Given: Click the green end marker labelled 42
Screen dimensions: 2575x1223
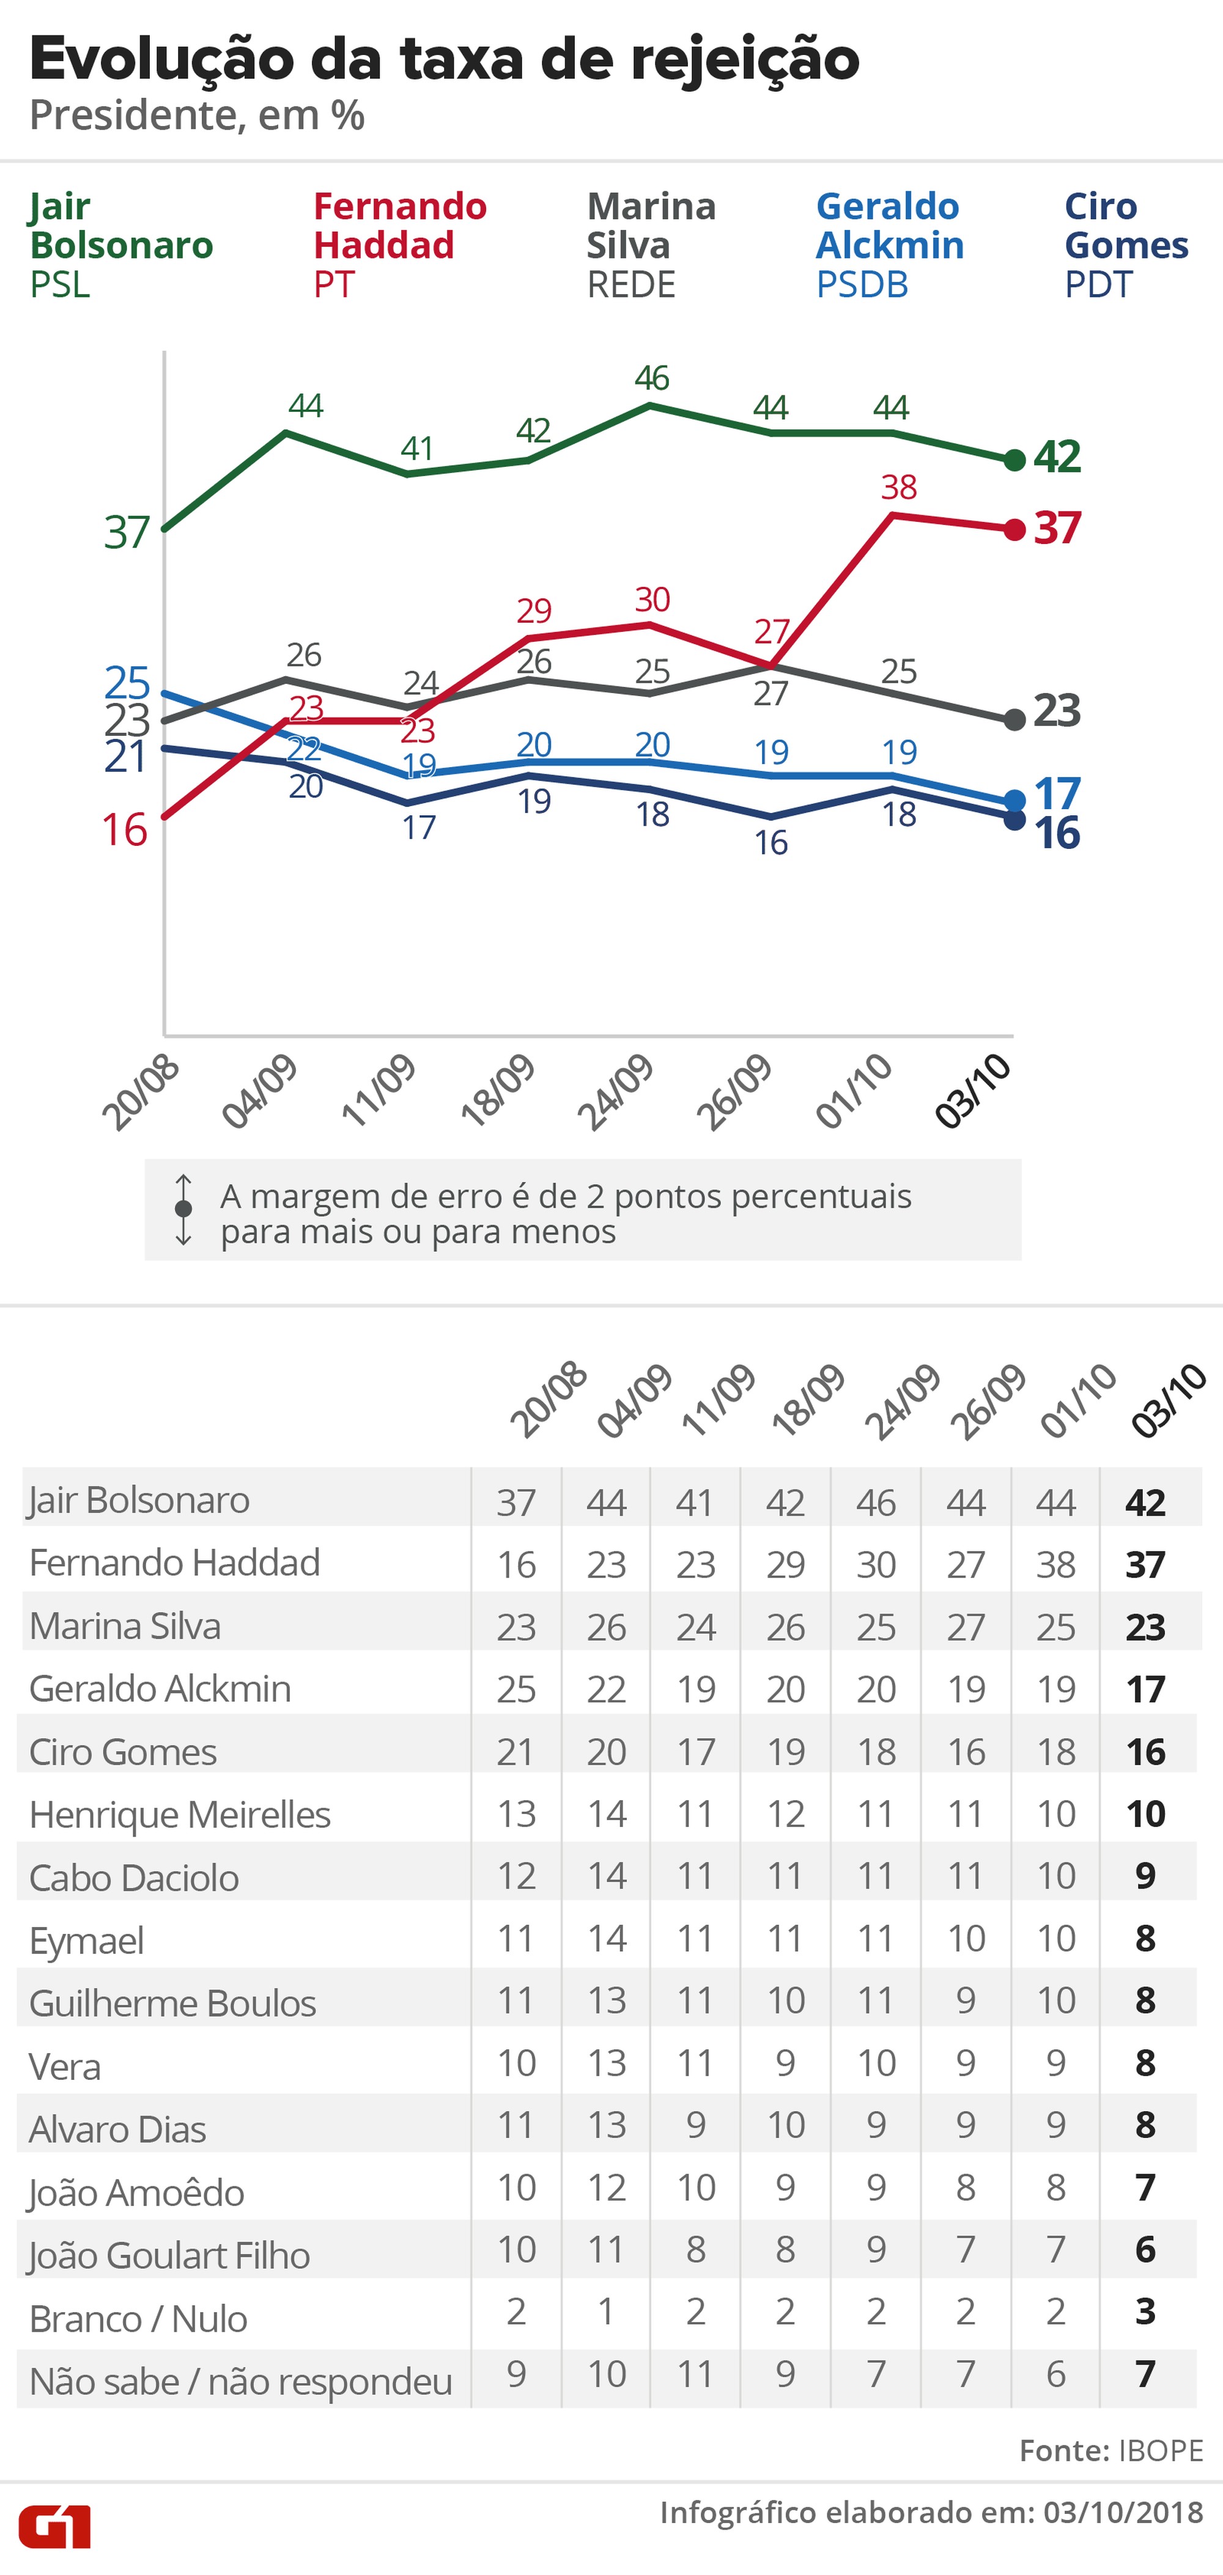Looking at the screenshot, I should (x=1014, y=460).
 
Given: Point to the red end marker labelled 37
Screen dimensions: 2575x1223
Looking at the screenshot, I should (x=1014, y=530).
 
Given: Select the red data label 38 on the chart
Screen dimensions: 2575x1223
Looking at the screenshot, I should (x=898, y=488).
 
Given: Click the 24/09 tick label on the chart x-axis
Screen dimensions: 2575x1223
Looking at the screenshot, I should (x=616, y=1092).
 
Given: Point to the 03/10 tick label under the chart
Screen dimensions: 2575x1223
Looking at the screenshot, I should (x=973, y=1092).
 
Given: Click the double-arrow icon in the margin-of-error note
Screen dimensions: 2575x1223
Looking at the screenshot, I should (x=183, y=1210).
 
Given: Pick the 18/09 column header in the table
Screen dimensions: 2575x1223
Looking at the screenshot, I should (x=808, y=1400).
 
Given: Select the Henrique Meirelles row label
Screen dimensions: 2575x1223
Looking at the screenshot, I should (x=179, y=1814).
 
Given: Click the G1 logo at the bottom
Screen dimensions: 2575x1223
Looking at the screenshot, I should (x=55, y=2526).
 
